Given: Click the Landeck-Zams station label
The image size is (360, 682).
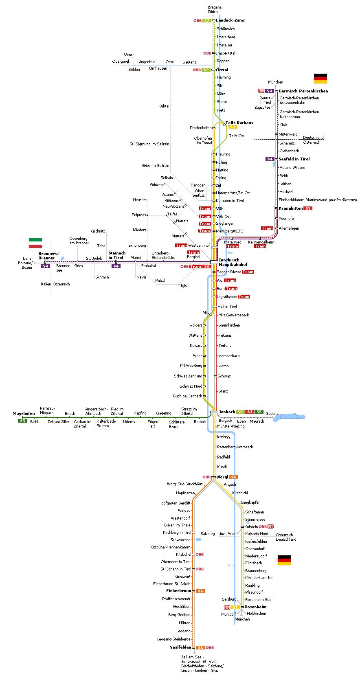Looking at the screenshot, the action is click(230, 20).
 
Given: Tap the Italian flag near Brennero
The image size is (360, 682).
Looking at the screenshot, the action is click(35, 243).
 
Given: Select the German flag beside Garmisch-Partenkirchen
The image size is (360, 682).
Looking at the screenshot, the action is click(320, 78).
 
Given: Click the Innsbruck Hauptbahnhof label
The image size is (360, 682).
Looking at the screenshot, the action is click(233, 262).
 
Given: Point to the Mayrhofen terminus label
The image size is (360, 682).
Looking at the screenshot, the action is click(24, 413).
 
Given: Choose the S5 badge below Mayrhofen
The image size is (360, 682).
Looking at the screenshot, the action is click(22, 421).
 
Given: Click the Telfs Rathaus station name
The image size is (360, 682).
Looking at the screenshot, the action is click(239, 123).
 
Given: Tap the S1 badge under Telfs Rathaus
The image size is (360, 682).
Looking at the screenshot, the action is click(233, 127).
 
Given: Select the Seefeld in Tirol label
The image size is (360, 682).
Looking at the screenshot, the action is click(294, 159).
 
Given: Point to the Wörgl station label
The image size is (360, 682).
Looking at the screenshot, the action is click(222, 477).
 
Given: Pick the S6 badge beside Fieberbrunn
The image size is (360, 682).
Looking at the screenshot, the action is click(200, 591).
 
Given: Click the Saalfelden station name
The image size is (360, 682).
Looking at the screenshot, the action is click(180, 647).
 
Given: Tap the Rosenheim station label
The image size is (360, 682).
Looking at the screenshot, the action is click(255, 607).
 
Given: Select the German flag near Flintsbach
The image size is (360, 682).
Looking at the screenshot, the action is click(284, 560).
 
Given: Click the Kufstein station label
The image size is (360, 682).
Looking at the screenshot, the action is click(251, 526).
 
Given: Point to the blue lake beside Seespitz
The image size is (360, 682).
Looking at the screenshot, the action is click(289, 417).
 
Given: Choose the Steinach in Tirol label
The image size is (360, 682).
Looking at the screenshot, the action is click(116, 255).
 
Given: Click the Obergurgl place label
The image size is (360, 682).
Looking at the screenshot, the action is click(121, 61).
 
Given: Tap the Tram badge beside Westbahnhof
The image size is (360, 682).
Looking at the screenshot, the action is click(181, 245).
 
